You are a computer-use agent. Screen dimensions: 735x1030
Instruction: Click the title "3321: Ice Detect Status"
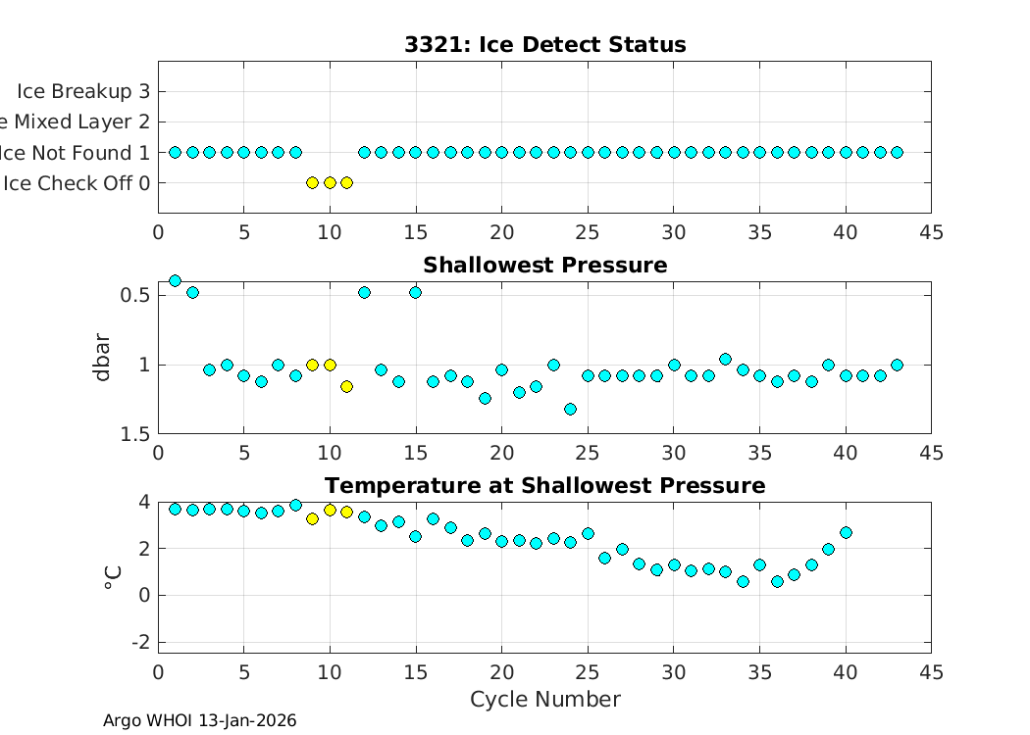[544, 45]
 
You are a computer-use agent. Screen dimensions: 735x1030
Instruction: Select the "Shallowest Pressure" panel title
[544, 266]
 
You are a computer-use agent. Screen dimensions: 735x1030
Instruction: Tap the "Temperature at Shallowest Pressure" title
[544, 486]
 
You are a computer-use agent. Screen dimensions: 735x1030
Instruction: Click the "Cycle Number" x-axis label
[544, 699]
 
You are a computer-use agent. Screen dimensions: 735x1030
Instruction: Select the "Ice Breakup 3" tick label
[83, 91]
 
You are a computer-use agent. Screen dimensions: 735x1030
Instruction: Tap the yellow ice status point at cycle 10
[330, 182]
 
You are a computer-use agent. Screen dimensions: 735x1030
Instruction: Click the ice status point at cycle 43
[897, 152]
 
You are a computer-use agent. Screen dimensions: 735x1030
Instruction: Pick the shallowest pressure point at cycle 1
[176, 280]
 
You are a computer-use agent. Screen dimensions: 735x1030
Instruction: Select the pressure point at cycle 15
[416, 292]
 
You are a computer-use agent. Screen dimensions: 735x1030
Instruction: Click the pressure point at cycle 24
[570, 409]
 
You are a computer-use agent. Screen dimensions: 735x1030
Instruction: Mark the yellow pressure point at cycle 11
[347, 386]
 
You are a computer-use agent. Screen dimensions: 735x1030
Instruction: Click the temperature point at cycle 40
[846, 532]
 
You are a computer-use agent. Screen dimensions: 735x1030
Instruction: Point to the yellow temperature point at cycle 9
[313, 518]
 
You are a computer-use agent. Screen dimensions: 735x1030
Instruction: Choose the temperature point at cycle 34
[743, 581]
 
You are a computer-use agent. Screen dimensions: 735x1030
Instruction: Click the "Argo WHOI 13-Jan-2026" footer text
[199, 721]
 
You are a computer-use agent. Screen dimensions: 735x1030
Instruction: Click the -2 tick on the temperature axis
[142, 642]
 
